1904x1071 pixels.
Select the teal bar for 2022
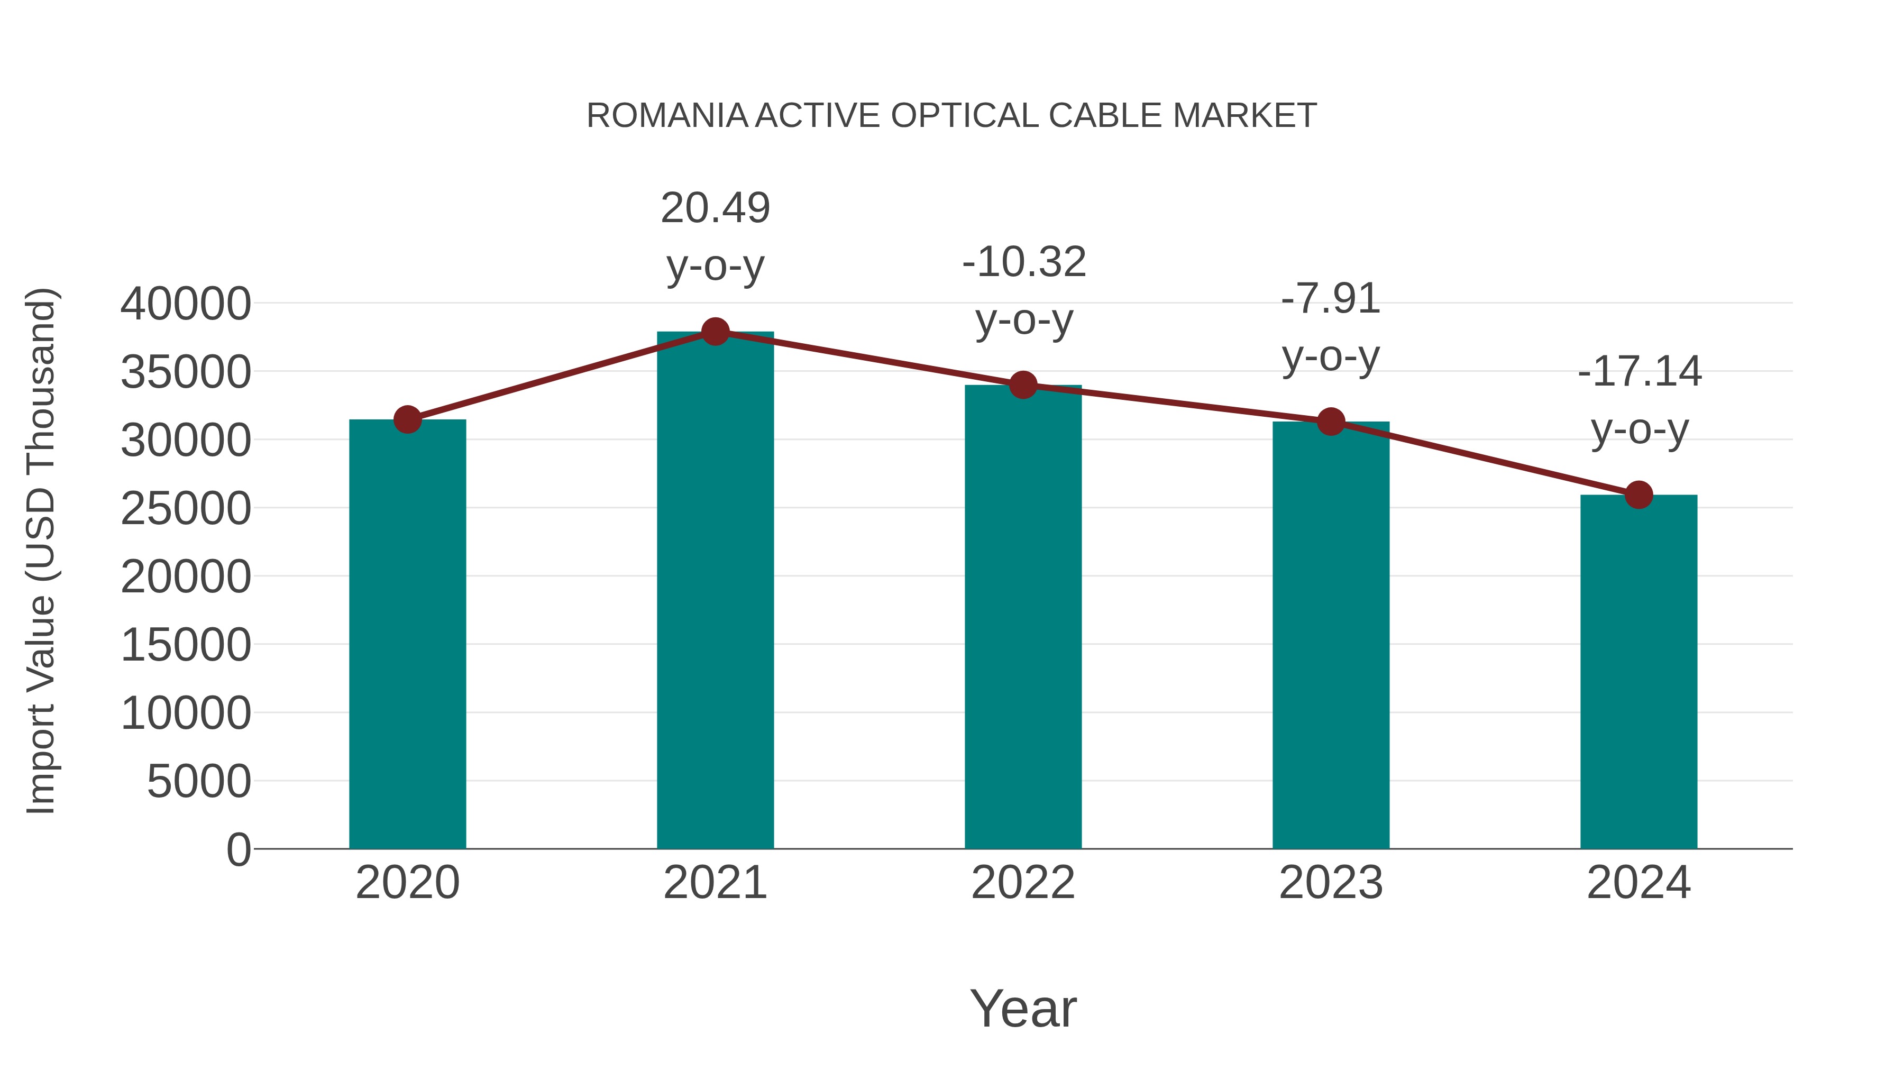point(1023,617)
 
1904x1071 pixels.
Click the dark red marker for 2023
point(1331,422)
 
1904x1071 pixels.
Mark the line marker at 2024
point(1638,495)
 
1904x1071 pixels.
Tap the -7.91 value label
point(1331,299)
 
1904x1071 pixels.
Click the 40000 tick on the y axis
point(186,304)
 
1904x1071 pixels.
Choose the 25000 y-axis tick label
point(186,508)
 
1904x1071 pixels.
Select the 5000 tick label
point(199,781)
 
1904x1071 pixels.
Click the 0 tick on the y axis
point(239,849)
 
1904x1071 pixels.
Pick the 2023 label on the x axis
point(1331,883)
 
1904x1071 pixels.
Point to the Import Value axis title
point(41,551)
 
